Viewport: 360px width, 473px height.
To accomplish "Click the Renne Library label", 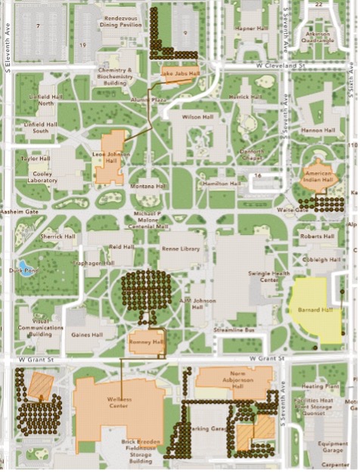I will point(181,248).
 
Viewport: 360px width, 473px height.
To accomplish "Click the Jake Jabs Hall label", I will point(180,74).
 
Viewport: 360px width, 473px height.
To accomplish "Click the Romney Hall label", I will point(147,342).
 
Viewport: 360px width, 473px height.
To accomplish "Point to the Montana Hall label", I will point(147,186).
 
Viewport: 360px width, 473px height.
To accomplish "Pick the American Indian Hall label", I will point(318,176).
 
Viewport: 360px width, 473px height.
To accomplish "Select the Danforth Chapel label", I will point(250,154).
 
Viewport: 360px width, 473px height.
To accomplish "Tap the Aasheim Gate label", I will point(20,212).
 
